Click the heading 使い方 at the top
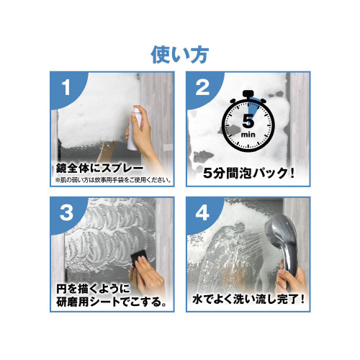[179, 53]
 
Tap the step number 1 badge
[66, 89]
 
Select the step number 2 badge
[202, 89]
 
